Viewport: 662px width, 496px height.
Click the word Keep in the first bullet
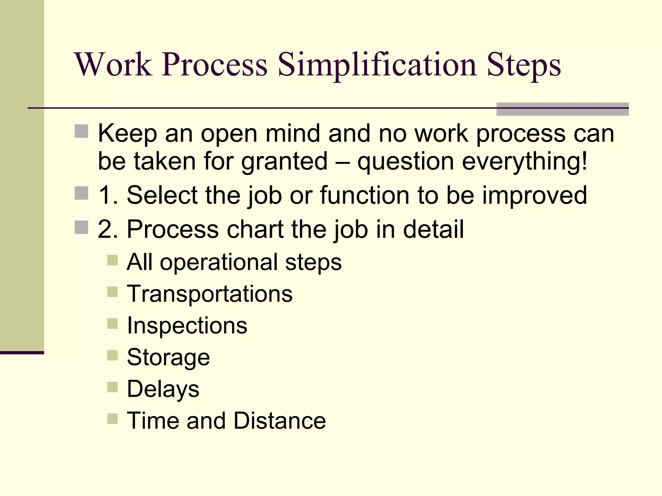tap(127, 133)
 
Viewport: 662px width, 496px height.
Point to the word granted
tap(284, 161)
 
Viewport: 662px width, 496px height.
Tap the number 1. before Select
tap(108, 195)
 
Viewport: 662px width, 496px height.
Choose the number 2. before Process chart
tap(108, 230)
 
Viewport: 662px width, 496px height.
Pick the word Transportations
tap(210, 294)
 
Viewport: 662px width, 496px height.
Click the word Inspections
tap(187, 325)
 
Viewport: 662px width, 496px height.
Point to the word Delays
tap(163, 389)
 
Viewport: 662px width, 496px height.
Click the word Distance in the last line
tap(280, 421)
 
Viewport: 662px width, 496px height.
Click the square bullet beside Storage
tap(112, 356)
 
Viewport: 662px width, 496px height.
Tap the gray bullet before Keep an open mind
tap(81, 131)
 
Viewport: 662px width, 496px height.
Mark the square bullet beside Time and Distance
tap(112, 419)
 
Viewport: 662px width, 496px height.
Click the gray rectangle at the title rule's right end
tap(562, 109)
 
